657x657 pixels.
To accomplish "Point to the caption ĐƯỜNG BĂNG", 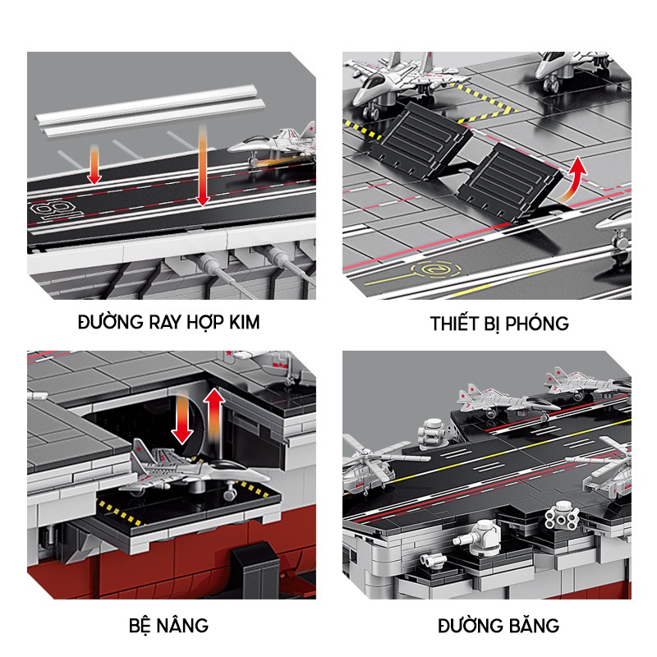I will (x=498, y=626).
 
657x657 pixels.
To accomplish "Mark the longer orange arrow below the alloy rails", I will (x=201, y=164).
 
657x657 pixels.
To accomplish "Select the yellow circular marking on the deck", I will (x=430, y=268).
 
